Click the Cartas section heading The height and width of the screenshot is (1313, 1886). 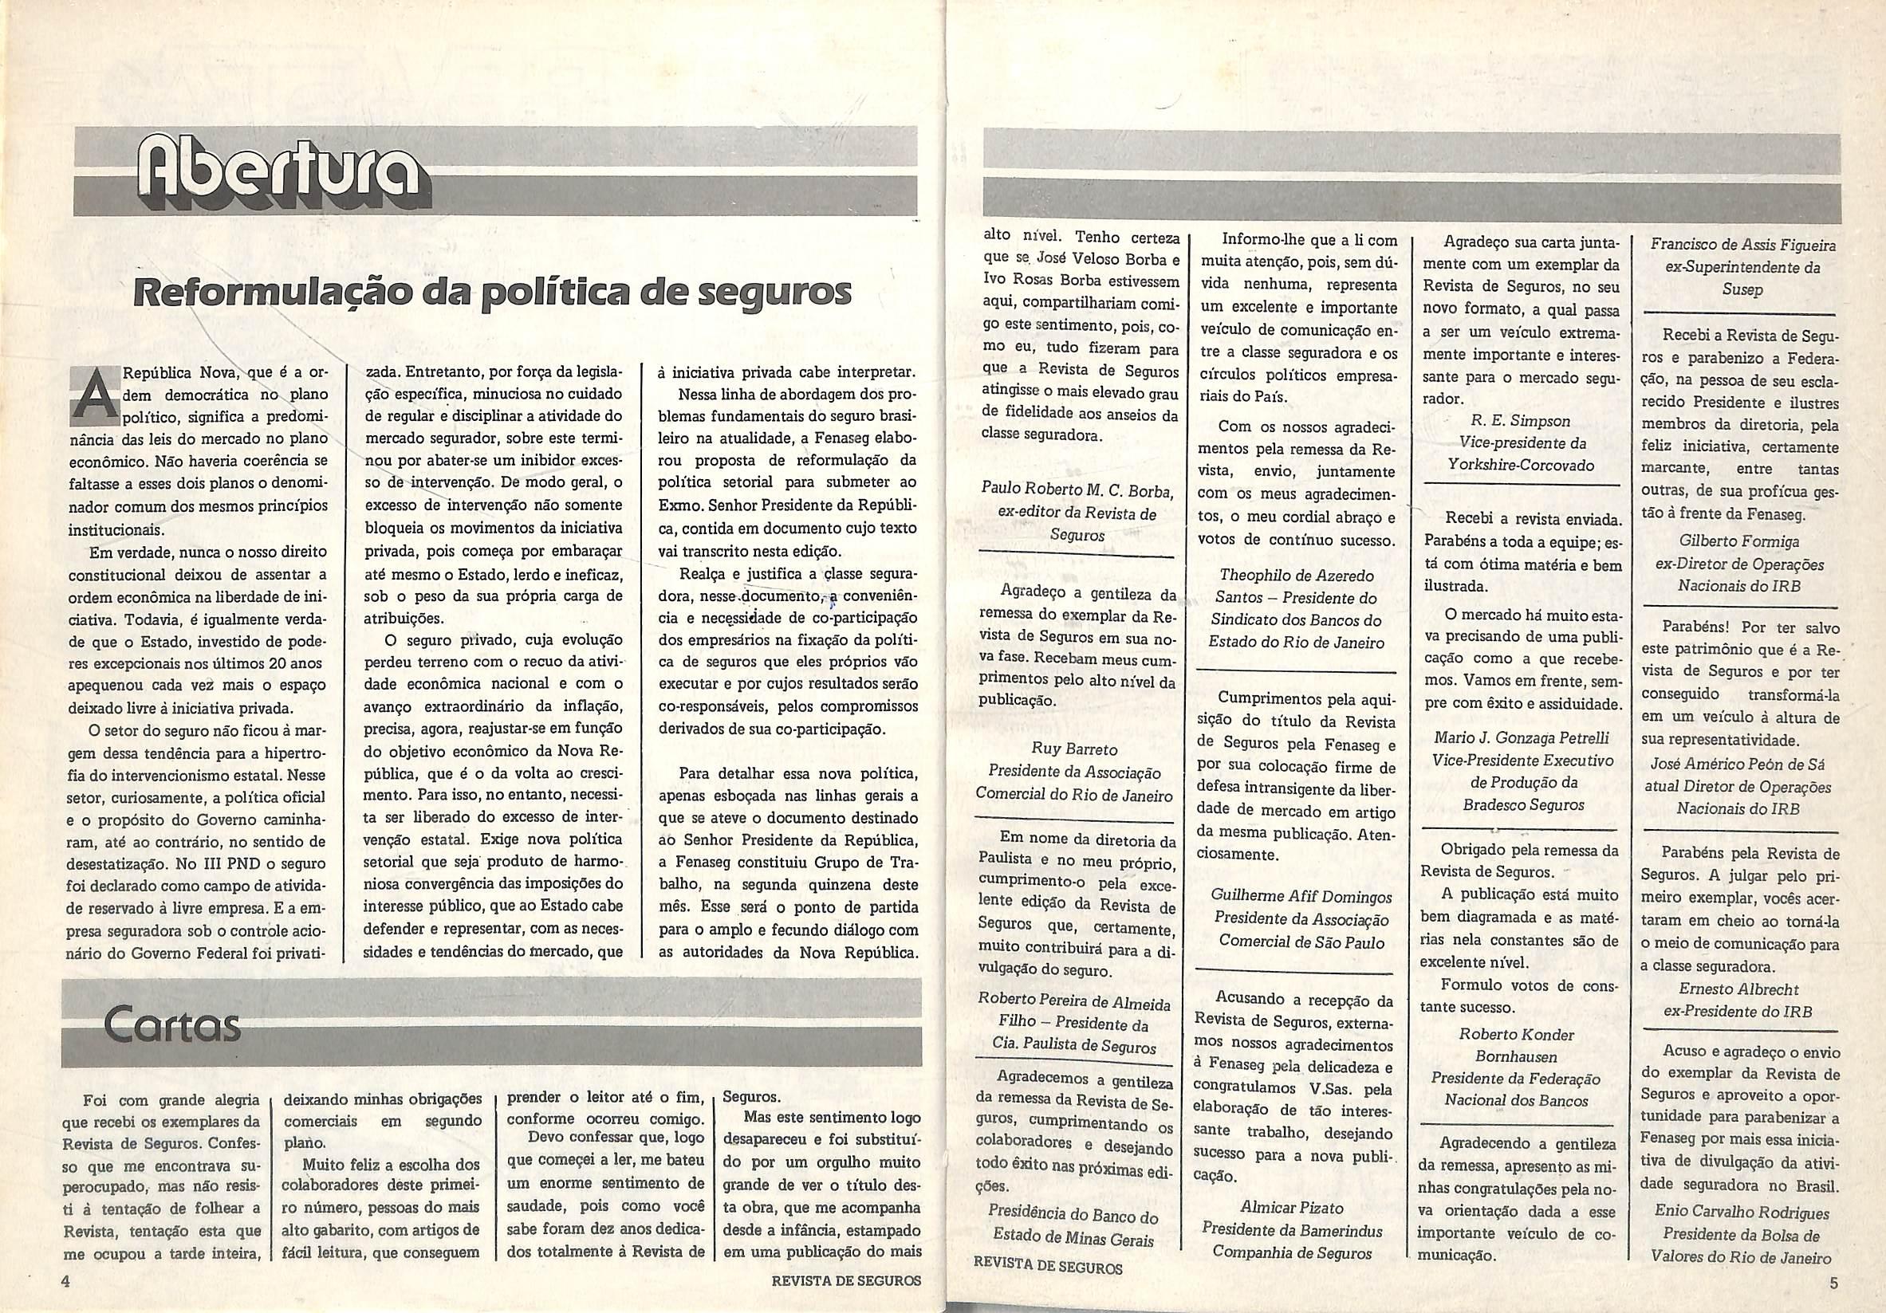pyautogui.click(x=171, y=1024)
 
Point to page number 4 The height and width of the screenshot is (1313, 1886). pyautogui.click(x=65, y=1281)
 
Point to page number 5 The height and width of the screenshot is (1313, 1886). pyautogui.click(x=1833, y=1284)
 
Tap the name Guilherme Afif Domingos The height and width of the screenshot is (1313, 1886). pyautogui.click(x=1301, y=898)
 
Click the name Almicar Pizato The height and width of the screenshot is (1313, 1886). pyautogui.click(x=1291, y=1208)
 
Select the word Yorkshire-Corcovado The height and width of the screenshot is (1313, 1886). pyautogui.click(x=1510, y=466)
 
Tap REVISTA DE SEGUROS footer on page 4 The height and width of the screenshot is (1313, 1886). pyautogui.click(x=846, y=1280)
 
